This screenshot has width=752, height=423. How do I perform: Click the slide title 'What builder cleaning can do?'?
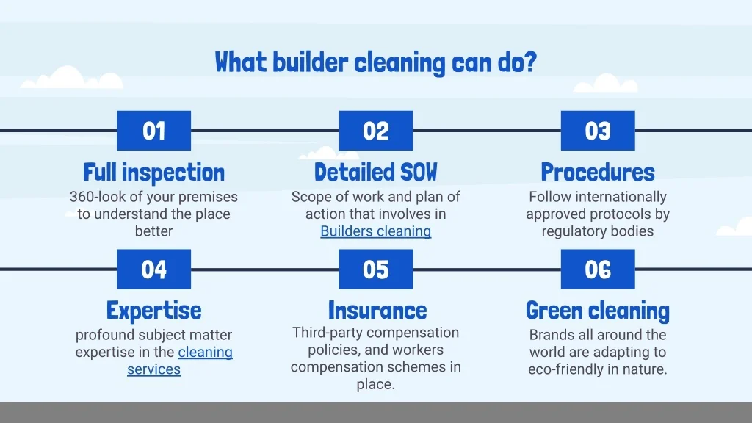[x=375, y=63]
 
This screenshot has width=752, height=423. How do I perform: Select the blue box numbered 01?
[x=154, y=131]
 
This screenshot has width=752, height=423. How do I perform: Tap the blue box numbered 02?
[x=376, y=131]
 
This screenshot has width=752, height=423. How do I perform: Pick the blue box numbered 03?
[x=598, y=131]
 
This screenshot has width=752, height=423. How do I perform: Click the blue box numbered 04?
[x=154, y=269]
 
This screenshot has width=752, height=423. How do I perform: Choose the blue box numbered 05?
[x=376, y=269]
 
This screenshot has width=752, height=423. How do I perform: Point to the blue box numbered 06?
[x=598, y=269]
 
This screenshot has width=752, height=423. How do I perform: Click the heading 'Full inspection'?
[x=154, y=172]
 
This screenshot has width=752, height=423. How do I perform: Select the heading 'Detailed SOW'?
[x=376, y=172]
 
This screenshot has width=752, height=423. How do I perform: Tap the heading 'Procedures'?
[x=598, y=172]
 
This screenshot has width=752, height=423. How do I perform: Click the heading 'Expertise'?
[x=154, y=311]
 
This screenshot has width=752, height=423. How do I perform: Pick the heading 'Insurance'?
[x=377, y=311]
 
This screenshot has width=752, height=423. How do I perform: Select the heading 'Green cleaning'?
[x=598, y=311]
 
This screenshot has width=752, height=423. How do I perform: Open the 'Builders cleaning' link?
[x=376, y=231]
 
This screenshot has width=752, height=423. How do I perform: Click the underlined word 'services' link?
[x=154, y=369]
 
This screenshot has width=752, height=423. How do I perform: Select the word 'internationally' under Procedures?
[x=621, y=197]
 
